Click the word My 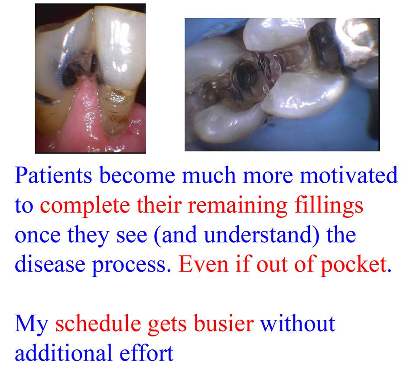pyautogui.click(x=31, y=324)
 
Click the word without pyautogui.click(x=297, y=324)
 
